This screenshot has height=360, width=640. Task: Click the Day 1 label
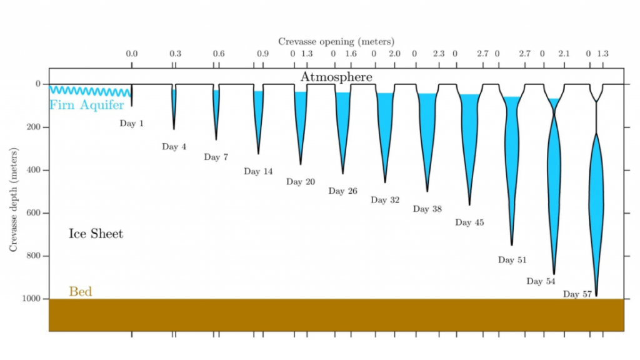click(132, 124)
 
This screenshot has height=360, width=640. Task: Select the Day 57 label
click(577, 294)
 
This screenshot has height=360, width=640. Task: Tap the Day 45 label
click(469, 222)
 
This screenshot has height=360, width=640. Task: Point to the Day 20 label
click(301, 182)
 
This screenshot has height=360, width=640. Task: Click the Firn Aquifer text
click(87, 105)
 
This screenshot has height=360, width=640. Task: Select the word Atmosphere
click(336, 77)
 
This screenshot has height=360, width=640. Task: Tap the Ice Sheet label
click(96, 234)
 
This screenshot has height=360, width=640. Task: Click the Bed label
click(80, 292)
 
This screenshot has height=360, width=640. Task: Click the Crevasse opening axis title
click(337, 41)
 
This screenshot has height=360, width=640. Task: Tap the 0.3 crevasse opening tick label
click(175, 54)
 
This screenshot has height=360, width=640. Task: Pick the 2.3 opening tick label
click(438, 54)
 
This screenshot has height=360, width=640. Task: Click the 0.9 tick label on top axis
click(262, 54)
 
